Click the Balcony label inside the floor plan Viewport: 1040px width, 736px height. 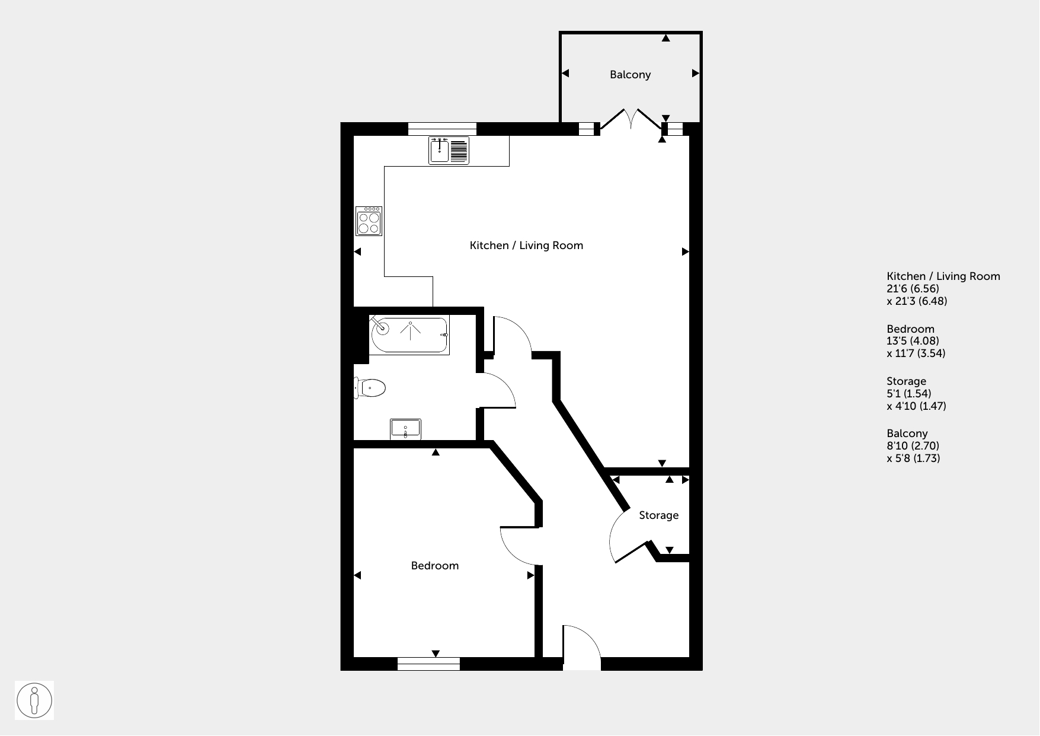coord(630,75)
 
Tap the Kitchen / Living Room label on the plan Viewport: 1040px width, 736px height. coord(526,246)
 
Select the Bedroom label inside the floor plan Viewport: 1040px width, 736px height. coord(435,566)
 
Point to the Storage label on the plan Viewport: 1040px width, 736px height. coord(658,515)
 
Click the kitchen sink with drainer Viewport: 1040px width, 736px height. coord(449,150)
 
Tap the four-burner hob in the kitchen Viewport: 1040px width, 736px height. coord(369,221)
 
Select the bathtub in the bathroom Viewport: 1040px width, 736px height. coord(409,336)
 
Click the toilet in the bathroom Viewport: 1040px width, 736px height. coord(370,389)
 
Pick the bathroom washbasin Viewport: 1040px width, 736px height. coord(405,429)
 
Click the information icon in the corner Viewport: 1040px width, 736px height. coord(34,700)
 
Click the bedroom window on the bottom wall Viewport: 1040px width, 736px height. coord(428,664)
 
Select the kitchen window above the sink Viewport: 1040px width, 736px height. coord(442,129)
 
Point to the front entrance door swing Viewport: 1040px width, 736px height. coord(582,647)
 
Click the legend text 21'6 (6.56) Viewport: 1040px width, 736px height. coord(913,289)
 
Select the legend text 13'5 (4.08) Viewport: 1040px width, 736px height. coord(913,341)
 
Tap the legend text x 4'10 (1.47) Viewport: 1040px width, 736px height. coord(916,406)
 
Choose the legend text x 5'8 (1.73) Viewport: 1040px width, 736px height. coord(913,458)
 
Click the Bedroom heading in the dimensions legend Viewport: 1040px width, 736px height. coord(910,329)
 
